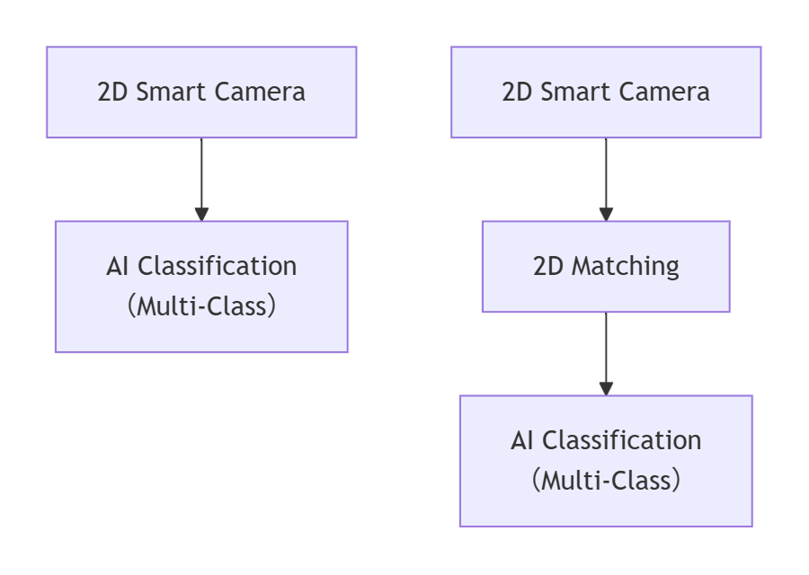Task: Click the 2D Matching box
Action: click(606, 267)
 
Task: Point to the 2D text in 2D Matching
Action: click(549, 267)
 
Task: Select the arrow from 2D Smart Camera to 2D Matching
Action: click(606, 175)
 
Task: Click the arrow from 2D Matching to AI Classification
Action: click(606, 350)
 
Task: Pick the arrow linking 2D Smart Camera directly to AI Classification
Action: click(201, 175)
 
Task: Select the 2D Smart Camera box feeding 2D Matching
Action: click(606, 93)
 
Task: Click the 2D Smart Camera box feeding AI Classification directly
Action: click(201, 93)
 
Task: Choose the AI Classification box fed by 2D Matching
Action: click(606, 461)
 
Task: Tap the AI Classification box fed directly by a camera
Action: click(201, 287)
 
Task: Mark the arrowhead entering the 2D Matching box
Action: click(606, 214)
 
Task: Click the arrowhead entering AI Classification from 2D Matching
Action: click(606, 388)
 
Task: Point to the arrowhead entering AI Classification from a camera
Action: click(201, 214)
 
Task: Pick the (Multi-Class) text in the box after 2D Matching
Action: click(606, 481)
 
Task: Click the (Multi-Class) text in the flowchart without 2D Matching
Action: click(201, 306)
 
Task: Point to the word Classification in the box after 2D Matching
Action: click(621, 441)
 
